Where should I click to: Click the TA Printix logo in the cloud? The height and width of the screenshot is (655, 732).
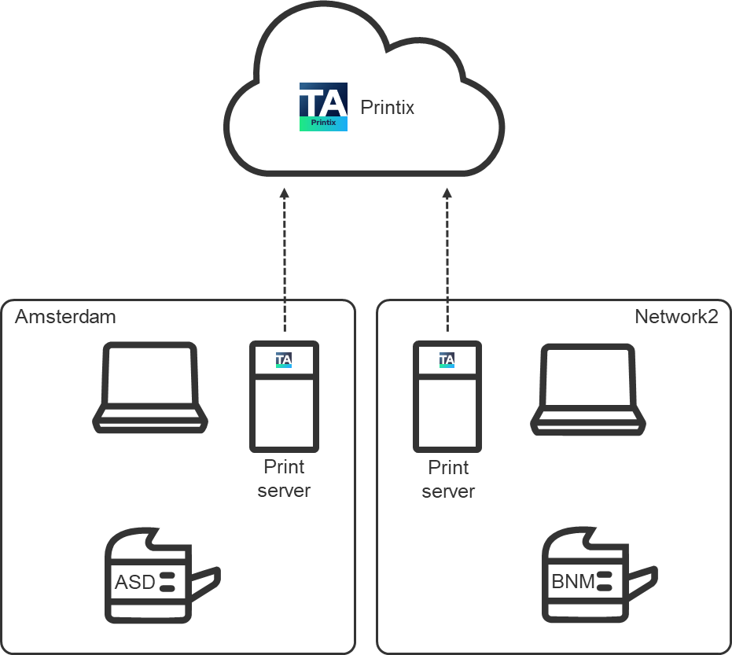coord(323,108)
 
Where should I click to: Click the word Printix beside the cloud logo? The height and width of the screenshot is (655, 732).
coord(387,108)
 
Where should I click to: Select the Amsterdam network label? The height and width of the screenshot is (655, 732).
coord(65,317)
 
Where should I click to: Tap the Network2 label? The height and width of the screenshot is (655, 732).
coord(676,317)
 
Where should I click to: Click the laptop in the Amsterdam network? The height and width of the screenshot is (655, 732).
coord(151,388)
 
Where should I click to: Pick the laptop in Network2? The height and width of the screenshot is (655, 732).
coord(587,389)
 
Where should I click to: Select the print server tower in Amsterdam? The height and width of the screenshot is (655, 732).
coord(285,396)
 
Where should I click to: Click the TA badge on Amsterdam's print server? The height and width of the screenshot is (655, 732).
coord(284,360)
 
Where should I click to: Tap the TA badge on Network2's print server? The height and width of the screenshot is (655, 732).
coord(447,360)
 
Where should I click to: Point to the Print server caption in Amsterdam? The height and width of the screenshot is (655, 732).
coord(284,479)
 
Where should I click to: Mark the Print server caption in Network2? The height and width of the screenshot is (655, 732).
coord(448,480)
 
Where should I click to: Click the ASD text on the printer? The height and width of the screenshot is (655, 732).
coord(135,583)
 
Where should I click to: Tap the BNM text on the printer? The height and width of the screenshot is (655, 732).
coord(573,583)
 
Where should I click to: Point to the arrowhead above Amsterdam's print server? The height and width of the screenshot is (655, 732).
coord(285,193)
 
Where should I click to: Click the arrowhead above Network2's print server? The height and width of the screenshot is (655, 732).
coord(448,193)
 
